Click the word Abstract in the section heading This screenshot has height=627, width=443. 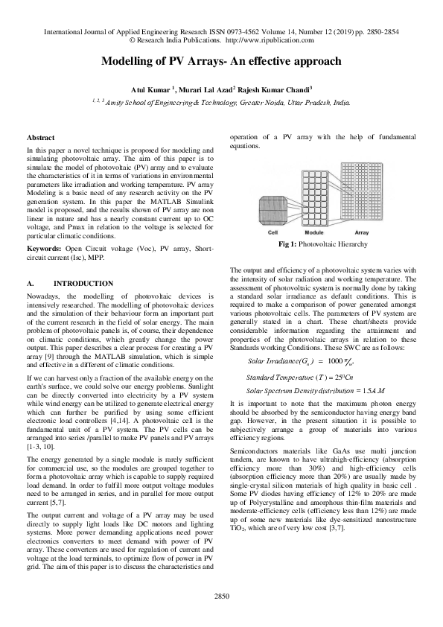pos(40,138)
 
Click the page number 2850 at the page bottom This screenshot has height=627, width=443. pos(221,616)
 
